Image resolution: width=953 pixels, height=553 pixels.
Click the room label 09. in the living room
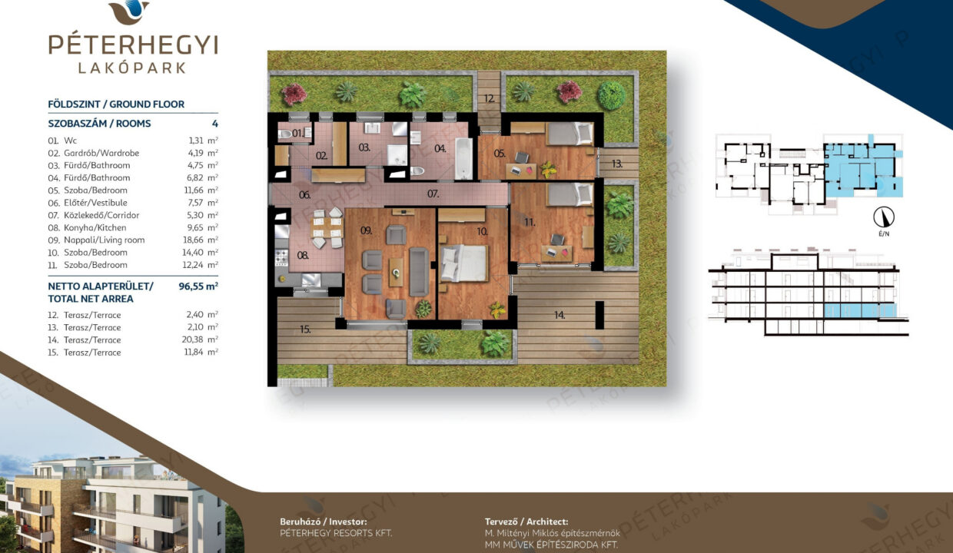coord(367,231)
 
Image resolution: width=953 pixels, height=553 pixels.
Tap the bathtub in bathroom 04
coord(463,158)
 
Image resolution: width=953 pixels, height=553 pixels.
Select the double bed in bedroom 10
coord(463,263)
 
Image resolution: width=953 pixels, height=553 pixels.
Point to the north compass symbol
coord(884,217)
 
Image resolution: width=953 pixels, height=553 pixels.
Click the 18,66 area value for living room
coord(193,240)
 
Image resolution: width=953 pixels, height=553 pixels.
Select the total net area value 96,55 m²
coord(198,286)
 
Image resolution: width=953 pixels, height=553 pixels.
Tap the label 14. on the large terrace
coord(560,315)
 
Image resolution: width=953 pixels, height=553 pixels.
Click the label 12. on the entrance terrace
coord(490,98)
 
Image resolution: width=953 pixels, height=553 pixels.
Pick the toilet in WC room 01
coord(285,134)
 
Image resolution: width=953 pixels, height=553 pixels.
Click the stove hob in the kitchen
coord(281,257)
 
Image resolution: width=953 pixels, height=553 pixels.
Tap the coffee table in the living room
coord(396,272)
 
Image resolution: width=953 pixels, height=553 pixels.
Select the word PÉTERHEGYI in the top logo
coord(134,45)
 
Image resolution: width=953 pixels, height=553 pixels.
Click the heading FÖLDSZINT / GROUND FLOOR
coord(116,104)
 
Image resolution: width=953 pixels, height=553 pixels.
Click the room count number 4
coord(215,124)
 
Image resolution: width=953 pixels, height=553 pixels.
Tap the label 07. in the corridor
coord(433,194)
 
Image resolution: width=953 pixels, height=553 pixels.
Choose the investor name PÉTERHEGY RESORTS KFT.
coord(336,533)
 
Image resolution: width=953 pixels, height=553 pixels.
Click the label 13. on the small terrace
coord(617,164)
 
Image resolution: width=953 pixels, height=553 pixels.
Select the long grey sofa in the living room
coord(419,272)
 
